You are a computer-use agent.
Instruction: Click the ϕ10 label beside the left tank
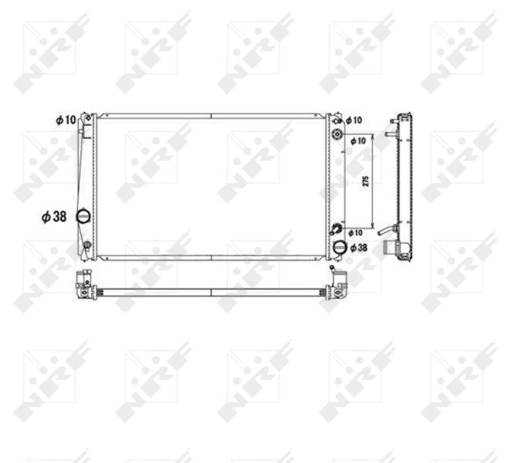66,120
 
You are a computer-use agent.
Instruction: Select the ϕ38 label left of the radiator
54,218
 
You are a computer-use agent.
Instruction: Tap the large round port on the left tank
83,217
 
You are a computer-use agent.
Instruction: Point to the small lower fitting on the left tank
87,246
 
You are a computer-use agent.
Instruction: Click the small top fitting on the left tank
88,119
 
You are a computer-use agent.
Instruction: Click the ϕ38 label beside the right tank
358,248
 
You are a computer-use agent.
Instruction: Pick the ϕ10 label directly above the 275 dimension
358,141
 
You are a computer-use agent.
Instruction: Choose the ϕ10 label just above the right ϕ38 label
355,232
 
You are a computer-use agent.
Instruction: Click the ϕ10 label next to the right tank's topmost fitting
353,120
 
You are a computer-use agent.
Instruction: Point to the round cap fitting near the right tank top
337,137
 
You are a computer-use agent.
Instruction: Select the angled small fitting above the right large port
337,229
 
